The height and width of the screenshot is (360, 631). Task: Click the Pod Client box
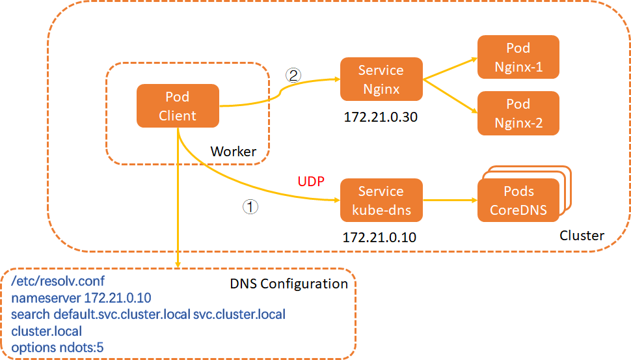coord(178,106)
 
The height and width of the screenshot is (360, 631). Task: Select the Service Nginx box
coord(381,79)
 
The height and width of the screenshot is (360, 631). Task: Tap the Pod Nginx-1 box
coord(518,57)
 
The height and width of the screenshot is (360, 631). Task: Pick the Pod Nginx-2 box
coord(518,113)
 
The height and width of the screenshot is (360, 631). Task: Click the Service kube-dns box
coord(381,201)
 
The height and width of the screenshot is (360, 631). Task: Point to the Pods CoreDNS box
coord(518,201)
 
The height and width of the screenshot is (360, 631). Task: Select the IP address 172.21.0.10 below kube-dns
coord(380,238)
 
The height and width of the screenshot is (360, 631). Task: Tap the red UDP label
coord(311,180)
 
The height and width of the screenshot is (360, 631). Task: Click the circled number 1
coord(250,207)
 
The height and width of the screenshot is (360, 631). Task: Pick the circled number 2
coord(293,75)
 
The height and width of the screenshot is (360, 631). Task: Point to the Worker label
coord(233,151)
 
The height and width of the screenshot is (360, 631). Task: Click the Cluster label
coord(582,235)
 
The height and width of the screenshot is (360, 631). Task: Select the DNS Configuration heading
coord(289,284)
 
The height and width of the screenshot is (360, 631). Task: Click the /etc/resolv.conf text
coord(58,282)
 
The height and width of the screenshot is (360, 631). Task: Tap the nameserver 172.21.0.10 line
coord(81,298)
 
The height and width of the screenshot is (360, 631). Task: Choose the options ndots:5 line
coord(57,348)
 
